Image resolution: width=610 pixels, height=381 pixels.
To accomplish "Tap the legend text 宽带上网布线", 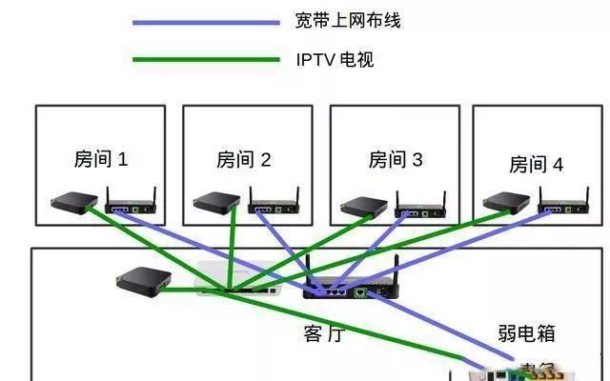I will click(x=348, y=21).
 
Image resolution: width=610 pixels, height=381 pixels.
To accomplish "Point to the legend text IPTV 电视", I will click(x=335, y=60).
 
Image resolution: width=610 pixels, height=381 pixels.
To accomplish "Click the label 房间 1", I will click(x=100, y=159).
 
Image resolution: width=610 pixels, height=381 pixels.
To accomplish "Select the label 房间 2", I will click(x=244, y=160).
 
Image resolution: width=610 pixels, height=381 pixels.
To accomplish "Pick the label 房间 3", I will click(x=395, y=159).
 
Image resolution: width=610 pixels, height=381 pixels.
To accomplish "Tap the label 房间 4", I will click(x=536, y=165).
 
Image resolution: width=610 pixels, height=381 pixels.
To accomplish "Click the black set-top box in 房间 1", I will click(x=73, y=202).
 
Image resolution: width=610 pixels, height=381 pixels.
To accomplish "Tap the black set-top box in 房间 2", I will click(x=216, y=202).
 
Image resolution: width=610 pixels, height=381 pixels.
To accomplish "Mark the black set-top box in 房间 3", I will click(x=364, y=207).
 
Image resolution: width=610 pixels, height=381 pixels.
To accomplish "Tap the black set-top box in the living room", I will click(x=143, y=279).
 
